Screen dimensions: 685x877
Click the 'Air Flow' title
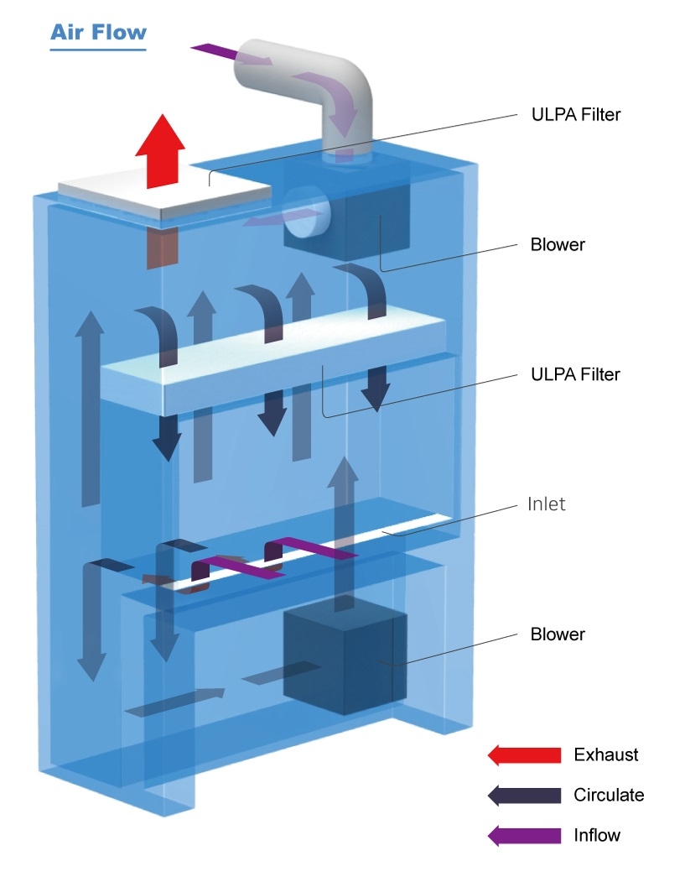(x=98, y=33)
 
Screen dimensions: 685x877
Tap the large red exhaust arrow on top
(x=160, y=151)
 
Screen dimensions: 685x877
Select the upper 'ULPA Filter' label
(x=576, y=115)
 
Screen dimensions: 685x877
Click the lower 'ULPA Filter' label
(x=575, y=374)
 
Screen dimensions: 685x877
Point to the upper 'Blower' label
(x=558, y=244)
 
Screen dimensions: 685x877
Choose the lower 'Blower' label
(x=558, y=634)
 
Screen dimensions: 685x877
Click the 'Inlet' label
(x=547, y=504)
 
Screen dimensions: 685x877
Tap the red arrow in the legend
(x=524, y=755)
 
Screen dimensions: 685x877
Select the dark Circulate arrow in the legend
(x=524, y=796)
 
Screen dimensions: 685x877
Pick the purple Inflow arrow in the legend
(x=524, y=836)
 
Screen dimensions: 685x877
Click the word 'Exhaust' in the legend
(x=605, y=755)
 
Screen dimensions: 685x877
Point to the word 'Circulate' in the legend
(x=609, y=796)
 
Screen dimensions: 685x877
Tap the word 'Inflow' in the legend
(x=597, y=836)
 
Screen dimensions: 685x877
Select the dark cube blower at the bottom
(x=345, y=663)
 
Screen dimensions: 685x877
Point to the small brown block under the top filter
(x=162, y=248)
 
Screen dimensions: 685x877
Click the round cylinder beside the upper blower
(x=306, y=212)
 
